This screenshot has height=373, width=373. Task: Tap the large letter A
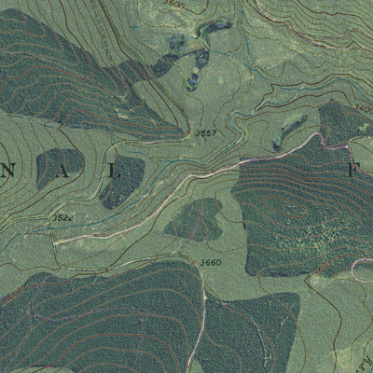[44, 170]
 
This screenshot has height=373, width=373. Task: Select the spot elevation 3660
[211, 262]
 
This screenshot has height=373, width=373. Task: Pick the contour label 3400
[363, 108]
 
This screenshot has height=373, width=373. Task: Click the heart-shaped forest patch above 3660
[194, 220]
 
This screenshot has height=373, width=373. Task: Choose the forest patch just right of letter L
[122, 179]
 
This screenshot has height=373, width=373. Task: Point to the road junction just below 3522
[58, 241]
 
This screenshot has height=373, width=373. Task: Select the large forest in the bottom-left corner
[84, 317]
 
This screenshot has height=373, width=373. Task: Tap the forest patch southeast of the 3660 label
[252, 326]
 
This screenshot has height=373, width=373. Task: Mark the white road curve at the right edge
[359, 270]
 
